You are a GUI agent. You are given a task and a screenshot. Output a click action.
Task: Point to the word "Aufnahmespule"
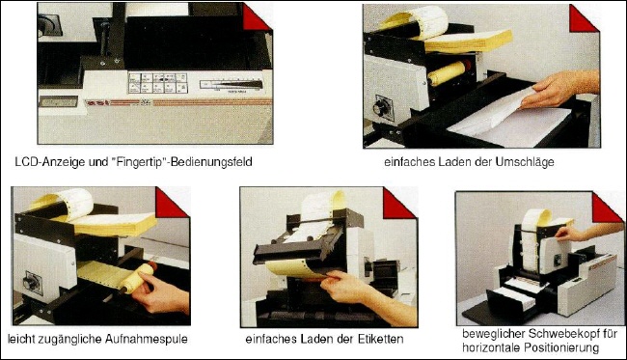click(147, 339)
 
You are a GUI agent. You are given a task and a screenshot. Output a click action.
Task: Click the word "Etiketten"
click(380, 339)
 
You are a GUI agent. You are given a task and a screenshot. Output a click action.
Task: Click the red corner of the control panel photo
click(255, 18)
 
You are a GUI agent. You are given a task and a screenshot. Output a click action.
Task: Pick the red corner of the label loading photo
click(396, 204)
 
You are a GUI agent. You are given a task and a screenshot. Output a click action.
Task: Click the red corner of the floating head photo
click(605, 208)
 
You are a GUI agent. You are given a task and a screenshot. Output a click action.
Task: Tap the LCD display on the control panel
click(59, 101)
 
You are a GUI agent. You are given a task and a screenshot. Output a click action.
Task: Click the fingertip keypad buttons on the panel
click(158, 83)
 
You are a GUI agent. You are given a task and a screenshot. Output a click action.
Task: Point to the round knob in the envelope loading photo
click(382, 107)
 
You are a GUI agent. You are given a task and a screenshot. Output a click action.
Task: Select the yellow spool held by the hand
click(137, 277)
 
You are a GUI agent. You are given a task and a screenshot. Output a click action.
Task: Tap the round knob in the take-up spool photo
click(32, 282)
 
